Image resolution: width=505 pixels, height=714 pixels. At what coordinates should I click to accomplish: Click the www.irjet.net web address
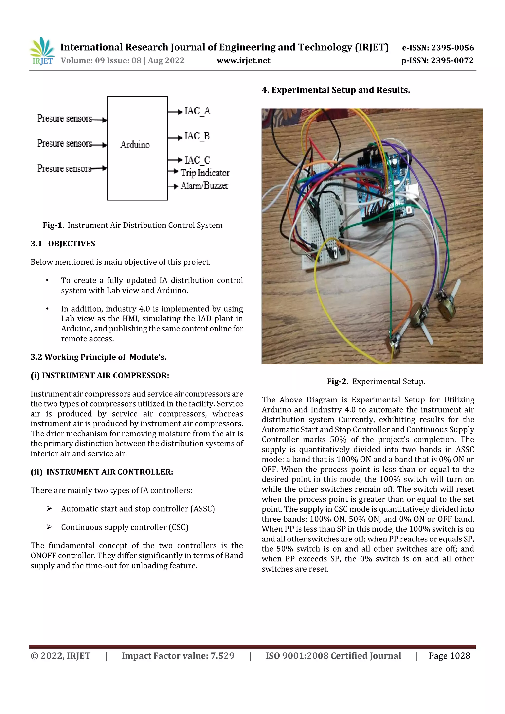(x=243, y=61)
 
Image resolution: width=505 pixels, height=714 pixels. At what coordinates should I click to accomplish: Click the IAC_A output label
(x=197, y=111)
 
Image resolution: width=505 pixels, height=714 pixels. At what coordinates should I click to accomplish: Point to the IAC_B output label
(x=197, y=136)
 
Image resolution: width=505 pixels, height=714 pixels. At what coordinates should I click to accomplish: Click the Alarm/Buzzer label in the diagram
(x=205, y=186)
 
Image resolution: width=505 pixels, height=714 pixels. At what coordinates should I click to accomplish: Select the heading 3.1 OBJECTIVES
(x=63, y=244)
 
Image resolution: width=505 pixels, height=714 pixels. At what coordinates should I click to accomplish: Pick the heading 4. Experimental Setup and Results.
(x=336, y=90)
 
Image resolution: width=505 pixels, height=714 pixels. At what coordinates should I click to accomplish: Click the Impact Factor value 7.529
(x=222, y=656)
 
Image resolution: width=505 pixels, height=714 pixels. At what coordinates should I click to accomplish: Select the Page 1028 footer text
(x=449, y=656)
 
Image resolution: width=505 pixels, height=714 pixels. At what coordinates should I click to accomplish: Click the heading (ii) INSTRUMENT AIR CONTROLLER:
(x=102, y=472)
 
